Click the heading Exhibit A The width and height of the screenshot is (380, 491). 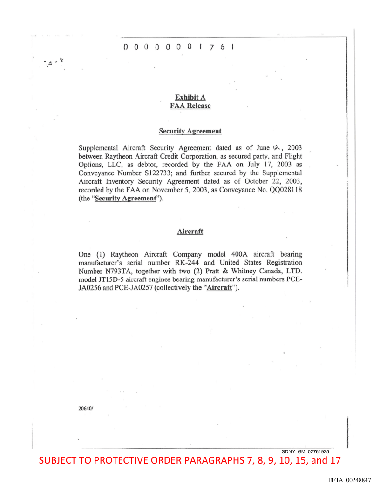(x=190, y=97)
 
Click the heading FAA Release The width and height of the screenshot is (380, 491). (x=190, y=106)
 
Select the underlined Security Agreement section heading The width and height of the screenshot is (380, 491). (x=190, y=131)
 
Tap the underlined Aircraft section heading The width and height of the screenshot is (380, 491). (x=190, y=231)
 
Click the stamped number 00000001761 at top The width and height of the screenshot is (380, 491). (x=178, y=47)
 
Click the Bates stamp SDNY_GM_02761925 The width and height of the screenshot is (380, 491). (x=305, y=451)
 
